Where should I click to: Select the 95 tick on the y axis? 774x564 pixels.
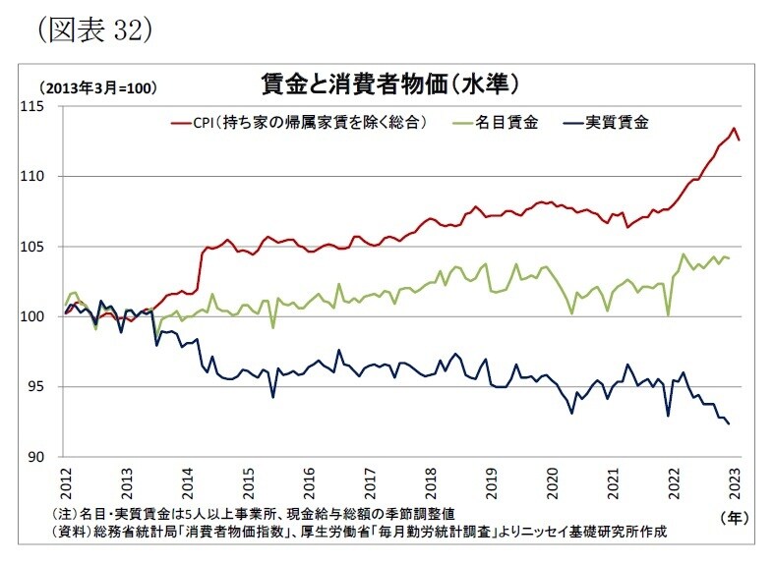pyautogui.click(x=43, y=387)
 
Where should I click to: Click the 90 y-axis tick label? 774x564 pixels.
pyautogui.click(x=43, y=457)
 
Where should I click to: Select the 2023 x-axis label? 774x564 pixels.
pyautogui.click(x=735, y=483)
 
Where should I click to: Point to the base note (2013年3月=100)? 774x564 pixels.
pyautogui.click(x=97, y=86)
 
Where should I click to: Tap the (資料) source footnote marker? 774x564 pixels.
pyautogui.click(x=70, y=532)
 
